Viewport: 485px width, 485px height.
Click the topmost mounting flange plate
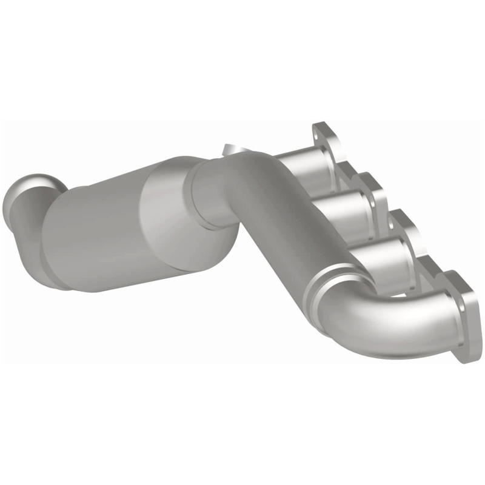pos(327,145)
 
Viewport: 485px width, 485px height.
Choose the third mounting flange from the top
pos(412,239)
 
